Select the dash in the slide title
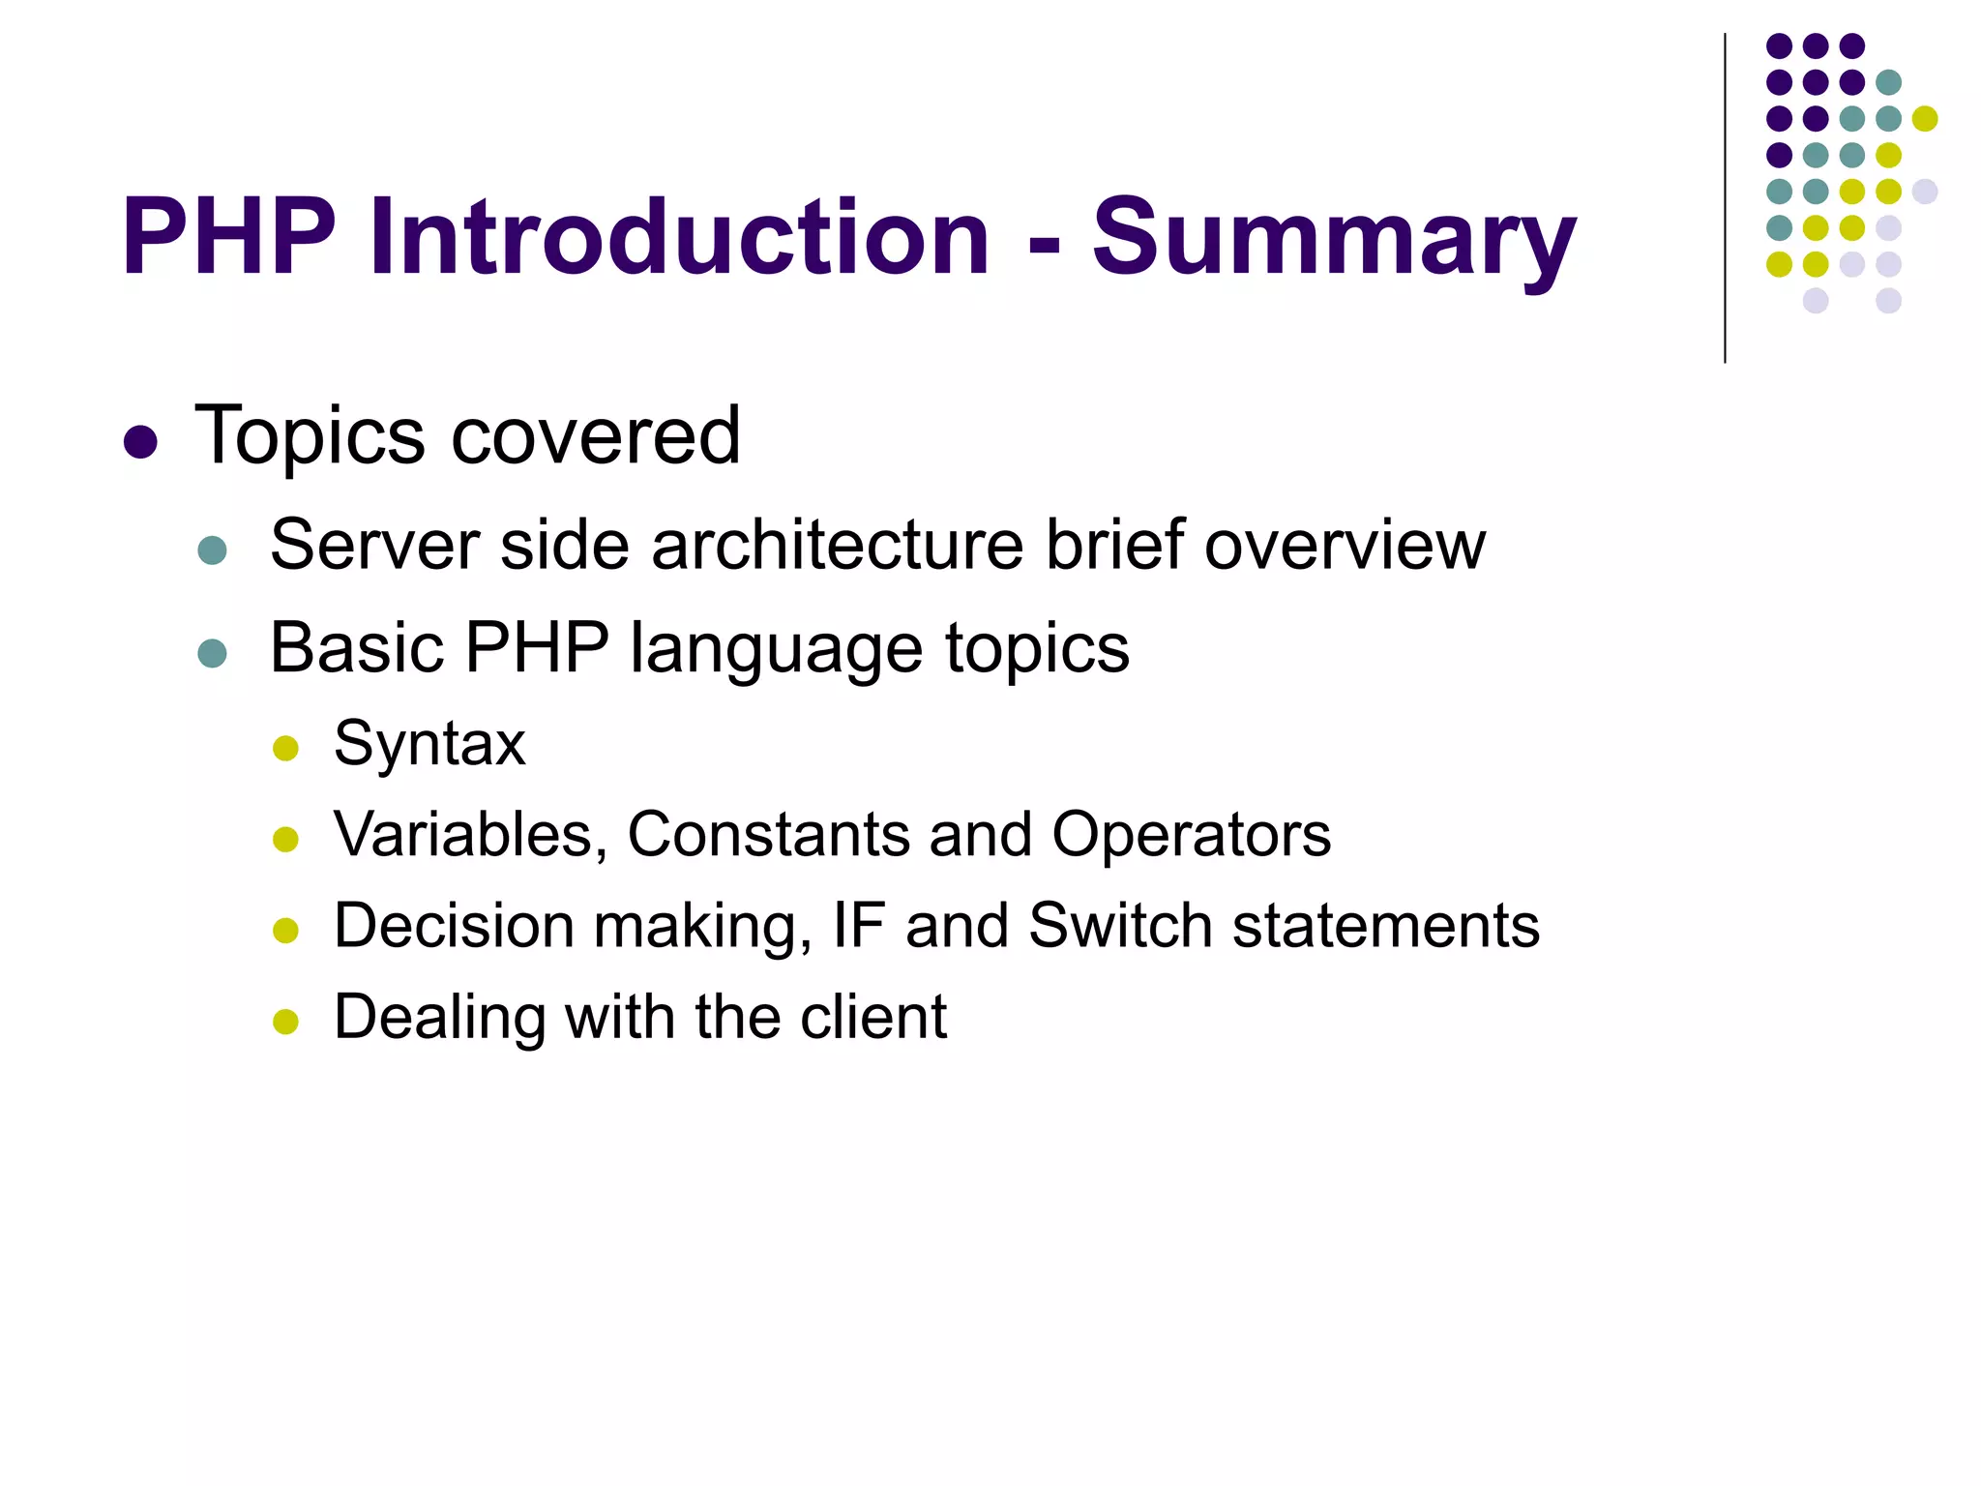coord(1044,245)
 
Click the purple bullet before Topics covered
coord(141,442)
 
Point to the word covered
coord(596,436)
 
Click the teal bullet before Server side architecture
coord(212,550)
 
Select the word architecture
coord(837,545)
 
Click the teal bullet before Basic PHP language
coord(212,653)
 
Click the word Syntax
coord(429,744)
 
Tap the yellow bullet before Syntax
coord(285,748)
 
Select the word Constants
coord(768,834)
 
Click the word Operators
coord(1191,834)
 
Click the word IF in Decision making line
coord(859,926)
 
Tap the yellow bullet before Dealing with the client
coord(285,1022)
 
